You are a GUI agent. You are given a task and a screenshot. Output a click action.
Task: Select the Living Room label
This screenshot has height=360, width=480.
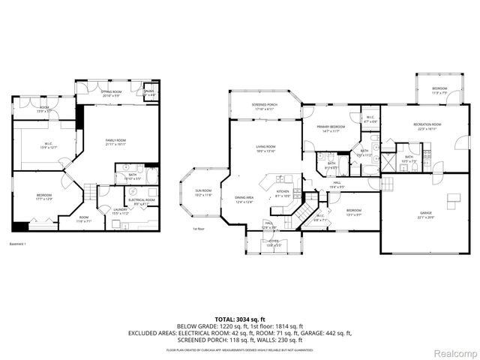[265, 148]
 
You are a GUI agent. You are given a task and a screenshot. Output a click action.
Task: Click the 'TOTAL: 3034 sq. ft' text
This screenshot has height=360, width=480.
[239, 319]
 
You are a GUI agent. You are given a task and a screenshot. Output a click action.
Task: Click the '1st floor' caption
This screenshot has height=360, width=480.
[199, 229]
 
